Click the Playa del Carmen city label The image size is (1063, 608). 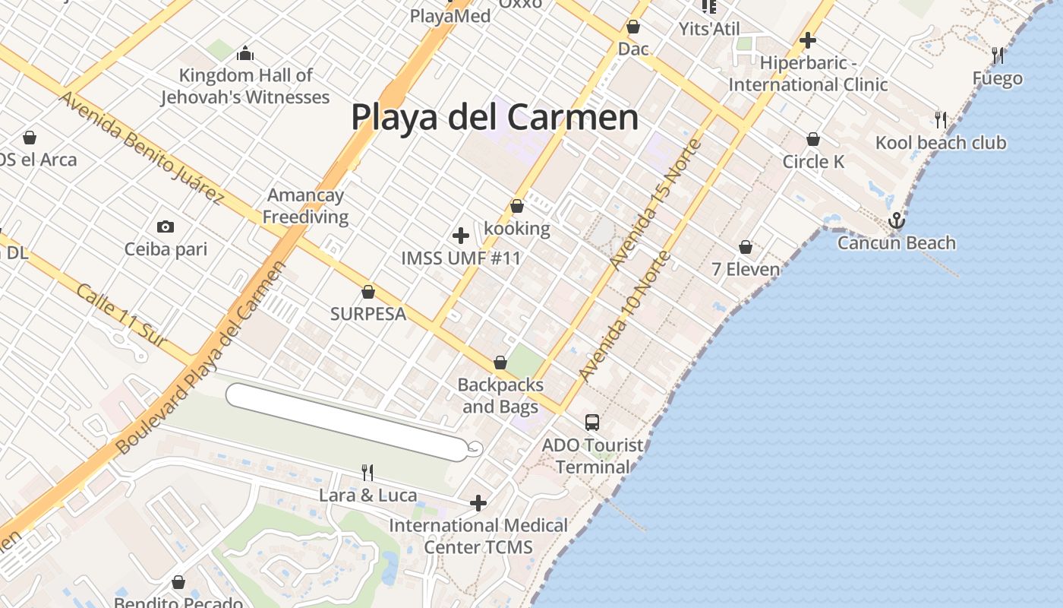tap(494, 118)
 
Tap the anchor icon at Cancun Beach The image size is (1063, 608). tap(897, 221)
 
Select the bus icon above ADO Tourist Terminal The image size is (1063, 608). tap(591, 423)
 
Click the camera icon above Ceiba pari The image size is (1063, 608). tap(165, 226)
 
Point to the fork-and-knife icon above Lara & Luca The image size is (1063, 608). tap(367, 473)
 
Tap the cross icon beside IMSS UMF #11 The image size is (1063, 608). tap(460, 236)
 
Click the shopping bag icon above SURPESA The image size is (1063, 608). tap(368, 292)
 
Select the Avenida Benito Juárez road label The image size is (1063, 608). tap(141, 149)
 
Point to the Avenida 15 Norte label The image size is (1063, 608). tap(655, 204)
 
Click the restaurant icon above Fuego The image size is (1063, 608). tap(998, 55)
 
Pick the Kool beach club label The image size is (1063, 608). tap(941, 143)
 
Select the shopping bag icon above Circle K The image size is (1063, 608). tap(813, 140)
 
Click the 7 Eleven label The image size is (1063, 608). tap(746, 269)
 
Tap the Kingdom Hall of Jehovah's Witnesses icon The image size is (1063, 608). tap(244, 53)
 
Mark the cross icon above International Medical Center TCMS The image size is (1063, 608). tap(478, 503)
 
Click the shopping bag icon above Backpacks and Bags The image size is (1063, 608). tap(500, 363)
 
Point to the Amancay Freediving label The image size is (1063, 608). tap(305, 206)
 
